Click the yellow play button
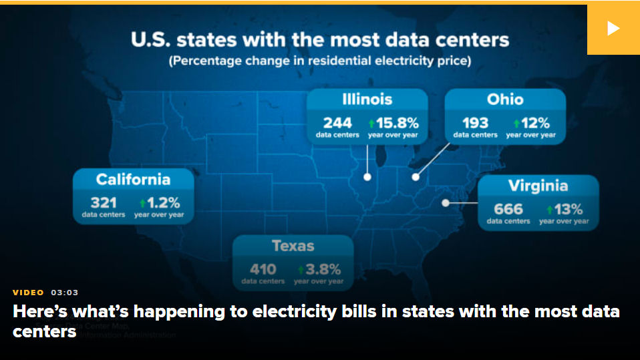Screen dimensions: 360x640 point(613,29)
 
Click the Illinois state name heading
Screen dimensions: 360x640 point(367,100)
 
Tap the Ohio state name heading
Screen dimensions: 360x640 point(505,100)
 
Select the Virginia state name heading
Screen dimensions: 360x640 point(538,186)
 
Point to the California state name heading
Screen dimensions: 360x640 point(133,179)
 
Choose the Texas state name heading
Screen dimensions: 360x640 point(293,246)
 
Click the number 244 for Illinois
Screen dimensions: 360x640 point(337,123)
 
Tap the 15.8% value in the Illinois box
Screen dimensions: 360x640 point(397,123)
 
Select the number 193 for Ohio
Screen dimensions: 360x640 point(475,123)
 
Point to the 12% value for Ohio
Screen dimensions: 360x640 point(535,123)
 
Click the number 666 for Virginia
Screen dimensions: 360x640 point(508,209)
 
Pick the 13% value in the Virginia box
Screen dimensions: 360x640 point(569,209)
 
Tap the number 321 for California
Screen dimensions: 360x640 point(104,203)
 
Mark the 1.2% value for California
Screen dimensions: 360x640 point(163,203)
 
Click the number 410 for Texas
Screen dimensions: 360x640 point(263,270)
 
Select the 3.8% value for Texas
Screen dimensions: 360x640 point(323,270)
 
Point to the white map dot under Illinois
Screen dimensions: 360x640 point(367,177)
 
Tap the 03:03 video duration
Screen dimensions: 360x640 point(65,293)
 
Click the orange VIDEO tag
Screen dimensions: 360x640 point(28,293)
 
